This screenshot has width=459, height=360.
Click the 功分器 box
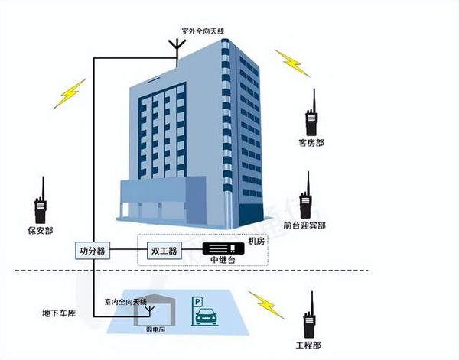pyautogui.click(x=93, y=250)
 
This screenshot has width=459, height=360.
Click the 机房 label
pyautogui.click(x=256, y=241)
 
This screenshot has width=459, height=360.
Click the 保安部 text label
pyautogui.click(x=40, y=230)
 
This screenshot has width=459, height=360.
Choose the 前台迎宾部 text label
pyautogui.click(x=304, y=225)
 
